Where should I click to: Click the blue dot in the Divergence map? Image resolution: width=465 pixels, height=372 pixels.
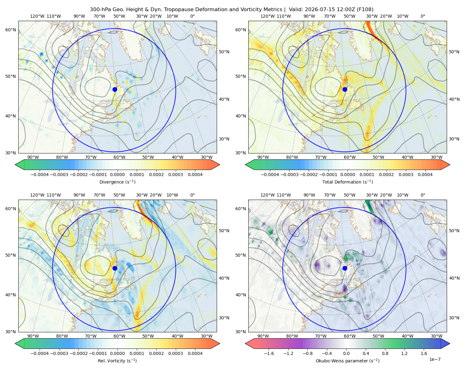pyautogui.click(x=115, y=89)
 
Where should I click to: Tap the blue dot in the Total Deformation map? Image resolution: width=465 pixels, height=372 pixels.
pyautogui.click(x=345, y=89)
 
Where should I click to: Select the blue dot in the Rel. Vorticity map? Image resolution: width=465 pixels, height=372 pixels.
pyautogui.click(x=115, y=268)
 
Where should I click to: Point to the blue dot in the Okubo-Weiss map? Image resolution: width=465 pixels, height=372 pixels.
pyautogui.click(x=345, y=268)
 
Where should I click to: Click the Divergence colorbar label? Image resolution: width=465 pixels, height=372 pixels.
pyautogui.click(x=117, y=182)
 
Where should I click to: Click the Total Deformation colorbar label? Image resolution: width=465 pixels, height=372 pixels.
pyautogui.click(x=348, y=182)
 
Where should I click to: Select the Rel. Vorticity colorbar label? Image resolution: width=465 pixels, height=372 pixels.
pyautogui.click(x=117, y=361)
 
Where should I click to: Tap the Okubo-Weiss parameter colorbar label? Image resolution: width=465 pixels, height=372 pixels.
pyautogui.click(x=348, y=361)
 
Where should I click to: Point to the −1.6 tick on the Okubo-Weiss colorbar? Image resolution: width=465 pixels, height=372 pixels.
pyautogui.click(x=269, y=353)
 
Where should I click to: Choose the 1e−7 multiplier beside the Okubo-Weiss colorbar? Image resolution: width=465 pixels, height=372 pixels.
pyautogui.click(x=435, y=359)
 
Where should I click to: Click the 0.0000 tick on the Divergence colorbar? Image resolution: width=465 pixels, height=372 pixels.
pyautogui.click(x=117, y=175)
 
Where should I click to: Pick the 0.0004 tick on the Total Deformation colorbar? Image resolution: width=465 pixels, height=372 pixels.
pyautogui.click(x=425, y=175)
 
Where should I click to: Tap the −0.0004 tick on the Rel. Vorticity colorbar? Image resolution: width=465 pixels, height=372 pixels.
pyautogui.click(x=40, y=353)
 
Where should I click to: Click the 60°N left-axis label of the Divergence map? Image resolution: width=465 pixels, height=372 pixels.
pyautogui.click(x=11, y=30)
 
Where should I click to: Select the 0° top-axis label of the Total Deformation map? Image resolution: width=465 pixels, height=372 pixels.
pyautogui.click(x=423, y=16)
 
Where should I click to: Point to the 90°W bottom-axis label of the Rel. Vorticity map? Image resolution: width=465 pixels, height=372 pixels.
pyautogui.click(x=33, y=336)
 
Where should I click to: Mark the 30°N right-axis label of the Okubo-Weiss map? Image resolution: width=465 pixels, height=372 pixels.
pyautogui.click(x=454, y=318)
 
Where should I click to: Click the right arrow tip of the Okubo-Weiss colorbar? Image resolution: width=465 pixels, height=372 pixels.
pyautogui.click(x=450, y=343)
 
